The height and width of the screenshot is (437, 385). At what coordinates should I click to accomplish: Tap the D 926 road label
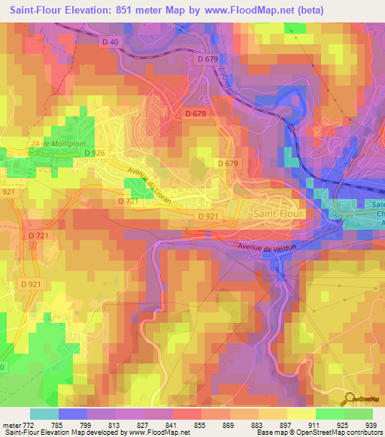coord(94,153)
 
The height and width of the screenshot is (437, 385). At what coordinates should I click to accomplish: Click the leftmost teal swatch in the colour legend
coord(43,414)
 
